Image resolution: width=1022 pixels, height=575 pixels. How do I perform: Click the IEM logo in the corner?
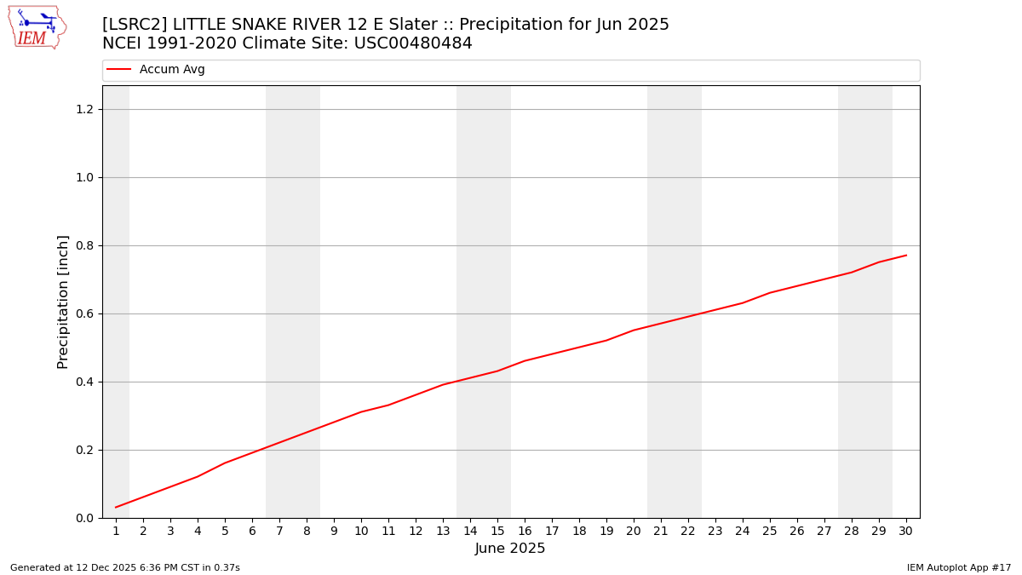(37, 27)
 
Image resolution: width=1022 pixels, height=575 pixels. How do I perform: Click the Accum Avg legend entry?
(171, 70)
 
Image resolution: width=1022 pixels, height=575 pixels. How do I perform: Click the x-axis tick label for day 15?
(497, 531)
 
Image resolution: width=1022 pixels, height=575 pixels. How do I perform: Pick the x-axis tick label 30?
(906, 531)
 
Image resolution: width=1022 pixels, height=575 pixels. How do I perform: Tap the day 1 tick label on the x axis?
(116, 531)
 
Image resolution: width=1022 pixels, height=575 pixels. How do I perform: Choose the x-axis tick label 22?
(688, 531)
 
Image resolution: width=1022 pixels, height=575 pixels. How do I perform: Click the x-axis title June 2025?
(510, 549)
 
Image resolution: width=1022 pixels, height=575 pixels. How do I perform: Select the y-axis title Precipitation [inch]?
(63, 302)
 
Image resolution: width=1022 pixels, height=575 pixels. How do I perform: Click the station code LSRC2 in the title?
(135, 25)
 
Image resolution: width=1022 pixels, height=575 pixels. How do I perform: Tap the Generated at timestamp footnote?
(125, 567)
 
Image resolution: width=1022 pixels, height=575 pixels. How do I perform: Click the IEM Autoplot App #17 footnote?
(959, 567)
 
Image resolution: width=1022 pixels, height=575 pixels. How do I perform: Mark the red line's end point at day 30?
(906, 256)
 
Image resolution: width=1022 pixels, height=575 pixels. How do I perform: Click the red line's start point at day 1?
(116, 508)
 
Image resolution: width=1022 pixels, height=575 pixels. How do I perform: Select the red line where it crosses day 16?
(525, 361)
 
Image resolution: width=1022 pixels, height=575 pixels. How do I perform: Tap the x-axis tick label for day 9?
(334, 531)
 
